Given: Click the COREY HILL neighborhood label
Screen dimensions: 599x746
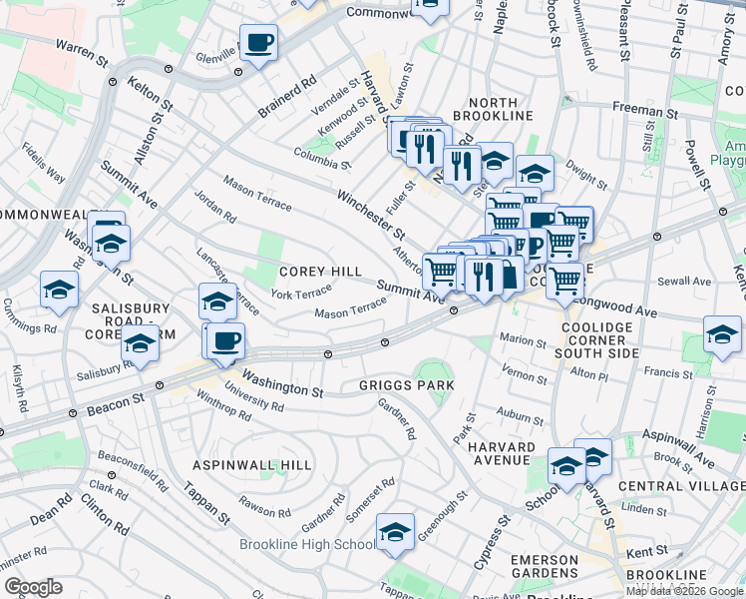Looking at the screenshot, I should (x=320, y=272).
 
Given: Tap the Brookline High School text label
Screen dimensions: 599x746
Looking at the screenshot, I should (x=307, y=544).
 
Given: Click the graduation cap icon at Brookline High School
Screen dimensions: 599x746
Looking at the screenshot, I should (x=395, y=532).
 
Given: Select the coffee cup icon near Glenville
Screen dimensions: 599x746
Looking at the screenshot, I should (x=258, y=43).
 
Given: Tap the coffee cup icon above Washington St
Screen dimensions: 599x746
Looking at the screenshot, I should (x=226, y=339).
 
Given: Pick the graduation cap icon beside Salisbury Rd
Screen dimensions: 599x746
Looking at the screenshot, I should (x=141, y=342).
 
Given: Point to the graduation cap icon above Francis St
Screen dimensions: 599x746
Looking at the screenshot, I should (x=722, y=334).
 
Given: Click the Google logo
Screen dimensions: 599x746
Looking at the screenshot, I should (x=33, y=587).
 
